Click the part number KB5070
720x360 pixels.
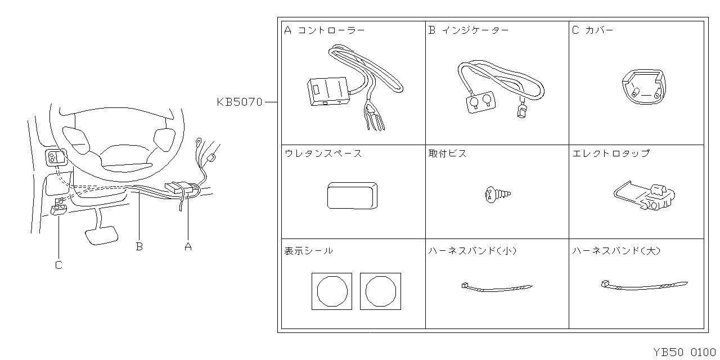click(x=240, y=102)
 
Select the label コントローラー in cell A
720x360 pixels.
click(x=331, y=30)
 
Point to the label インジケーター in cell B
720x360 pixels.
click(x=475, y=30)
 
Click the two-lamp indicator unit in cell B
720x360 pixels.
click(x=479, y=102)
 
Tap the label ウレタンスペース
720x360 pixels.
click(x=323, y=154)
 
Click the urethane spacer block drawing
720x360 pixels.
click(x=352, y=195)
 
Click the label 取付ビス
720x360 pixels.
click(x=447, y=154)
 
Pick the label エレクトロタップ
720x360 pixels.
click(x=610, y=154)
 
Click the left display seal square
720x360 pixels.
click(x=332, y=291)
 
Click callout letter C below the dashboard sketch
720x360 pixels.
click(x=58, y=265)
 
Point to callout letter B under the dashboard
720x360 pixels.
click(x=139, y=246)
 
